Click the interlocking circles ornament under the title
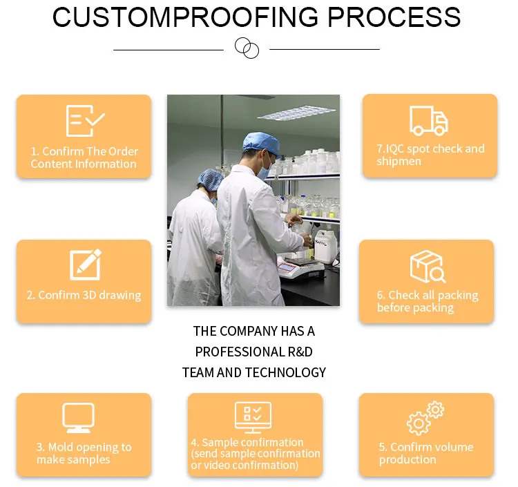[247, 48]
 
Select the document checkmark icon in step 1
[84, 121]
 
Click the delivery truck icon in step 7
[429, 121]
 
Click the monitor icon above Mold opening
[78, 418]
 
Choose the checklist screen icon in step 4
[253, 417]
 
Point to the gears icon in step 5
[425, 417]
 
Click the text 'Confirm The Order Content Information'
[84, 157]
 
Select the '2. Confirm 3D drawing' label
[84, 295]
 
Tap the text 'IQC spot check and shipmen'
[430, 155]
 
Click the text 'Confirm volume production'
[425, 453]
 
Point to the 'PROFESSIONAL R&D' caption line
[253, 352]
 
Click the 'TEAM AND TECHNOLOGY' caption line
[253, 372]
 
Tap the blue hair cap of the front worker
[261, 142]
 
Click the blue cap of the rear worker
[209, 178]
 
